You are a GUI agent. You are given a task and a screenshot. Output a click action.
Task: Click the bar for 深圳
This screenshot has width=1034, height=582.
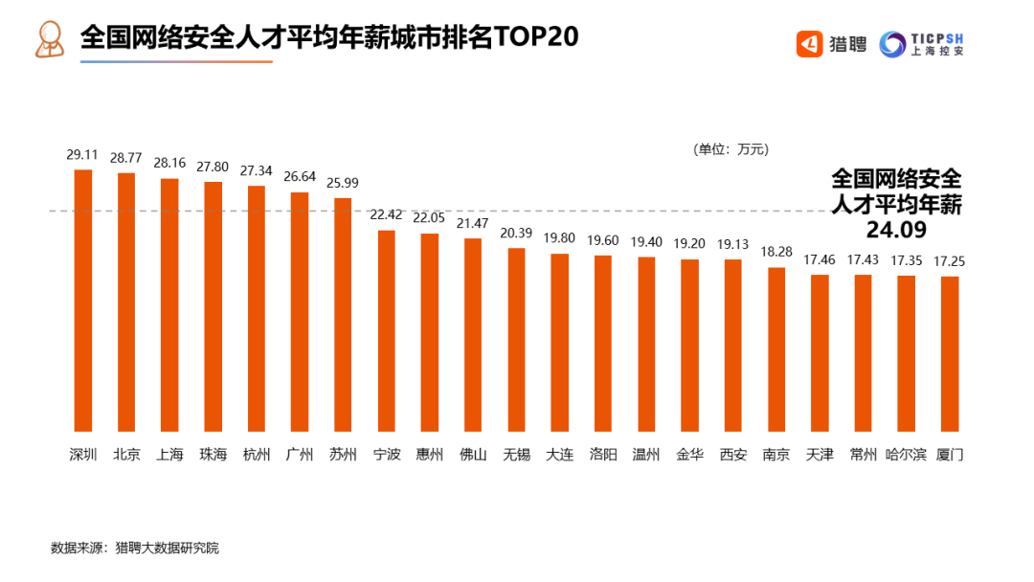point(83,301)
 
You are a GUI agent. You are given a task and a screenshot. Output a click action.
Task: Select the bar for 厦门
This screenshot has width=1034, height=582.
point(950,354)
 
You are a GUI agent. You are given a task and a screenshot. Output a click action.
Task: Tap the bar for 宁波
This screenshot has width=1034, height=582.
point(386,331)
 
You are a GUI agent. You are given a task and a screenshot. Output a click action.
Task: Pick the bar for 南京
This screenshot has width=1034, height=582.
point(776,349)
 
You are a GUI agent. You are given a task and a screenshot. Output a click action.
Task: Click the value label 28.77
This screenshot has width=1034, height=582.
point(126,157)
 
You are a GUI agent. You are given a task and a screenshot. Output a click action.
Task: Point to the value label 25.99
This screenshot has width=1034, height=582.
point(343,182)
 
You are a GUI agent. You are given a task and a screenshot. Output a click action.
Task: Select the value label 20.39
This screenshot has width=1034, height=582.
point(516,233)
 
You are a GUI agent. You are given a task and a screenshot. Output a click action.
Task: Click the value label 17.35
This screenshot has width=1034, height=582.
point(906,259)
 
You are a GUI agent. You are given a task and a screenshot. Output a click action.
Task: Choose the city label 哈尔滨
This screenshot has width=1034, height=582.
point(906,455)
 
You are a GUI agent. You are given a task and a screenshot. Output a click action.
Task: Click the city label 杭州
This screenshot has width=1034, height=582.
point(257,455)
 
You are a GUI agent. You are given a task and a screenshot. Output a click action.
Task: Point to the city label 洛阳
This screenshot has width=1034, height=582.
point(603,455)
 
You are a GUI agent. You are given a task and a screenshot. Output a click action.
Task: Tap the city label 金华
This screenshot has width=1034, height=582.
point(689,455)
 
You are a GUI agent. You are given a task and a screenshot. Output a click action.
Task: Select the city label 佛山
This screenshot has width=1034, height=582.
point(473,455)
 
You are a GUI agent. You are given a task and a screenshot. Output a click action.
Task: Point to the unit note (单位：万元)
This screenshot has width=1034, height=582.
point(731,149)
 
